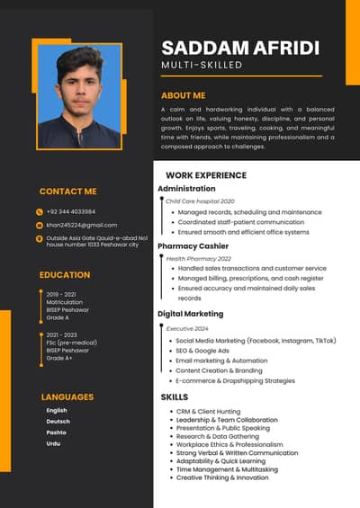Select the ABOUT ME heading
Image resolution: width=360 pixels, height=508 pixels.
(x=183, y=95)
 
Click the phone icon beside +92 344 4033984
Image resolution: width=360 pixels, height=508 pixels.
(x=40, y=211)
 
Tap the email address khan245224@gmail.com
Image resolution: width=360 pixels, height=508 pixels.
(x=82, y=225)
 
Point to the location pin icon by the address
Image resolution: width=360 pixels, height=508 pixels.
(x=40, y=238)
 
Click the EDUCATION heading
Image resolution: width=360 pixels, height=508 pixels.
(x=65, y=275)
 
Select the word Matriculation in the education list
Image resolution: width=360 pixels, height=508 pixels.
(x=65, y=302)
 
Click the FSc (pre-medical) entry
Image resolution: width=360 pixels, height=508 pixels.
(x=71, y=343)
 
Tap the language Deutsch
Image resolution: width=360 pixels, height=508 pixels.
(x=58, y=422)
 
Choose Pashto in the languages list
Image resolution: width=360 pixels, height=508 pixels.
(x=56, y=432)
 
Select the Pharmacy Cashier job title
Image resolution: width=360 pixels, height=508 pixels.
(x=193, y=245)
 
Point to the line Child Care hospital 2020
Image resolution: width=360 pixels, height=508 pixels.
(x=200, y=201)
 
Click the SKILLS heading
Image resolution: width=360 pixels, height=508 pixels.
(x=175, y=397)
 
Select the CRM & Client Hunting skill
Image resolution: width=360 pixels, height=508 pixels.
(x=208, y=411)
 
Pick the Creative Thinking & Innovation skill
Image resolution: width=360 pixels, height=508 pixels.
(x=222, y=477)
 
